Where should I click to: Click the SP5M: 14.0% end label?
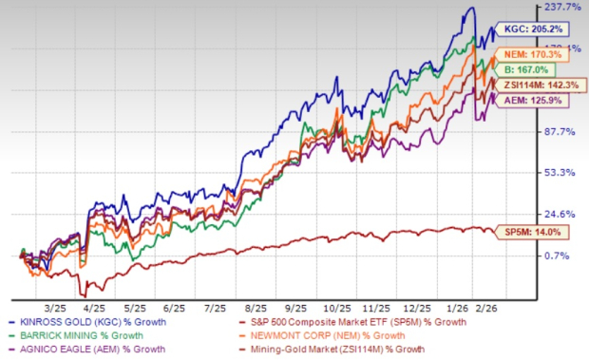[x=537, y=232]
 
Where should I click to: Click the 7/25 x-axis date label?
[x=218, y=281]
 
